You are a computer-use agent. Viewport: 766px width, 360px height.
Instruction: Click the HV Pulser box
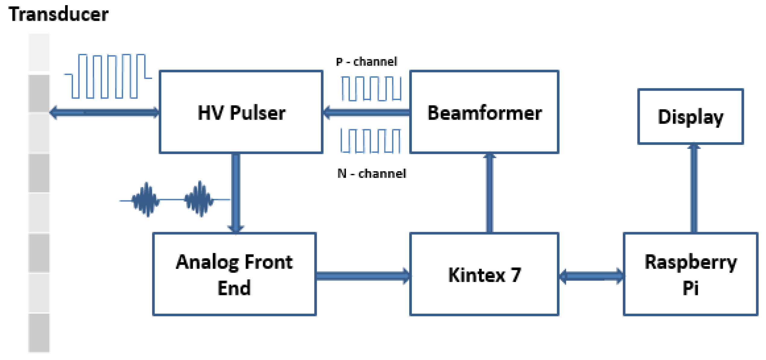point(241,112)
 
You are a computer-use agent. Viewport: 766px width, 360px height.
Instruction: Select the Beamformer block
point(484,112)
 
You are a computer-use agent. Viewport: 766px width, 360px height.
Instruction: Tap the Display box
point(691,117)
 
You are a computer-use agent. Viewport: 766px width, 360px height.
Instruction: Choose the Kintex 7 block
point(484,274)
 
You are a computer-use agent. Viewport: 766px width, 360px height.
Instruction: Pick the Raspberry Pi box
point(690,274)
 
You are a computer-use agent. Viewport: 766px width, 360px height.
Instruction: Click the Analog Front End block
point(234,274)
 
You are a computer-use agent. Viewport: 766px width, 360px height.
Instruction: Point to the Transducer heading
point(58,14)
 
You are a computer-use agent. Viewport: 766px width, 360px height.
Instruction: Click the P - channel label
point(366,61)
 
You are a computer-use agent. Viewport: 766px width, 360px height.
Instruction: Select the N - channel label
point(372,173)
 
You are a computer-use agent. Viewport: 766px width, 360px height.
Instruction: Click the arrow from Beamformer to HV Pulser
point(366,113)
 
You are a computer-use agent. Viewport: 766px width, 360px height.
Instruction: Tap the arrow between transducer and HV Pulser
point(104,113)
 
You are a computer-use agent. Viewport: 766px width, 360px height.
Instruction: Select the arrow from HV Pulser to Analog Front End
point(236,193)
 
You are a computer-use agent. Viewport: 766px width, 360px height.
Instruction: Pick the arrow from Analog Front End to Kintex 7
point(363,276)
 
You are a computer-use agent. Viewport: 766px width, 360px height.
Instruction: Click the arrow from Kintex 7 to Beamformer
point(490,193)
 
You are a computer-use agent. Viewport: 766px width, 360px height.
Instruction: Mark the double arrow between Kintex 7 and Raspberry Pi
point(591,276)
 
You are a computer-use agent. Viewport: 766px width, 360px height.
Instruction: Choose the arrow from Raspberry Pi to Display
point(694,188)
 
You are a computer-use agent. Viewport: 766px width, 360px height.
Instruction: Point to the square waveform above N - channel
point(371,141)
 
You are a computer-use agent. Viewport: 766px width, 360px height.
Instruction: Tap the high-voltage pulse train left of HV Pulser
point(108,76)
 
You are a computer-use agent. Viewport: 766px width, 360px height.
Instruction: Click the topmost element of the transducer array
point(39,52)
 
